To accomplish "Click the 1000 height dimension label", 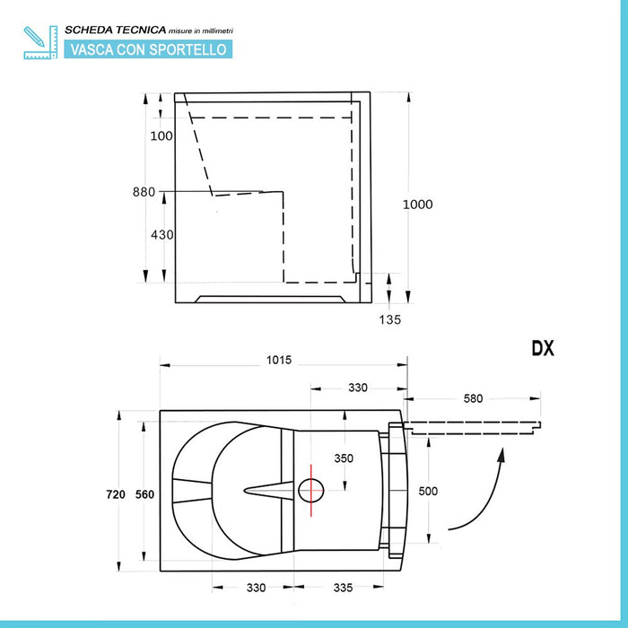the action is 417,205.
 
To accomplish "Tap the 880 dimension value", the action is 144,192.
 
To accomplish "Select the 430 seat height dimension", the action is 162,234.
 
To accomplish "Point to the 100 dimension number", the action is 161,135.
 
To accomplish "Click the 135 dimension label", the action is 389,319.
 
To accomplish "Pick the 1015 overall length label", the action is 279,360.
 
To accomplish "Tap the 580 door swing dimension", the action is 473,398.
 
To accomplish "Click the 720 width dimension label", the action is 116,494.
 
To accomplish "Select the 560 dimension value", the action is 144,494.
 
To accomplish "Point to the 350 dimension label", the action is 344,458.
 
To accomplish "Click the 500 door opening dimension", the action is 428,491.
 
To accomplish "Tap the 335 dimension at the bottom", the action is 344,588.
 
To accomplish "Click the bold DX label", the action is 543,348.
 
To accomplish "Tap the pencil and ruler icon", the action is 40,42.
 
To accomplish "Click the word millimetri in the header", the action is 217,31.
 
